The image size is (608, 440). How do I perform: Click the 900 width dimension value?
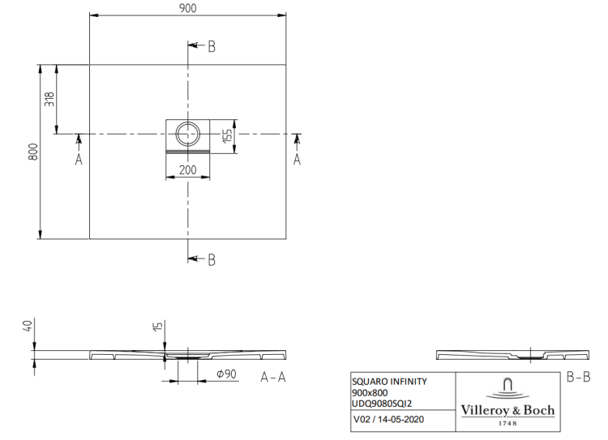[x=188, y=8]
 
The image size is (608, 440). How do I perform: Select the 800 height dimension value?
[x=33, y=152]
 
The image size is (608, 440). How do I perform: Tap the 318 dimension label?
[x=49, y=99]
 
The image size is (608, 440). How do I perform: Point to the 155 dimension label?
[x=228, y=135]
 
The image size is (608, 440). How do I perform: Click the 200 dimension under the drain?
[x=188, y=169]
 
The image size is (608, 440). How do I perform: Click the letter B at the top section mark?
[x=212, y=47]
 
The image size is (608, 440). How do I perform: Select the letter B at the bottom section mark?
[x=212, y=260]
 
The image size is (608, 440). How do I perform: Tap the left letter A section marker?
[x=79, y=160]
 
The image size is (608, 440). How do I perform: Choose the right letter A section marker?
[x=297, y=160]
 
